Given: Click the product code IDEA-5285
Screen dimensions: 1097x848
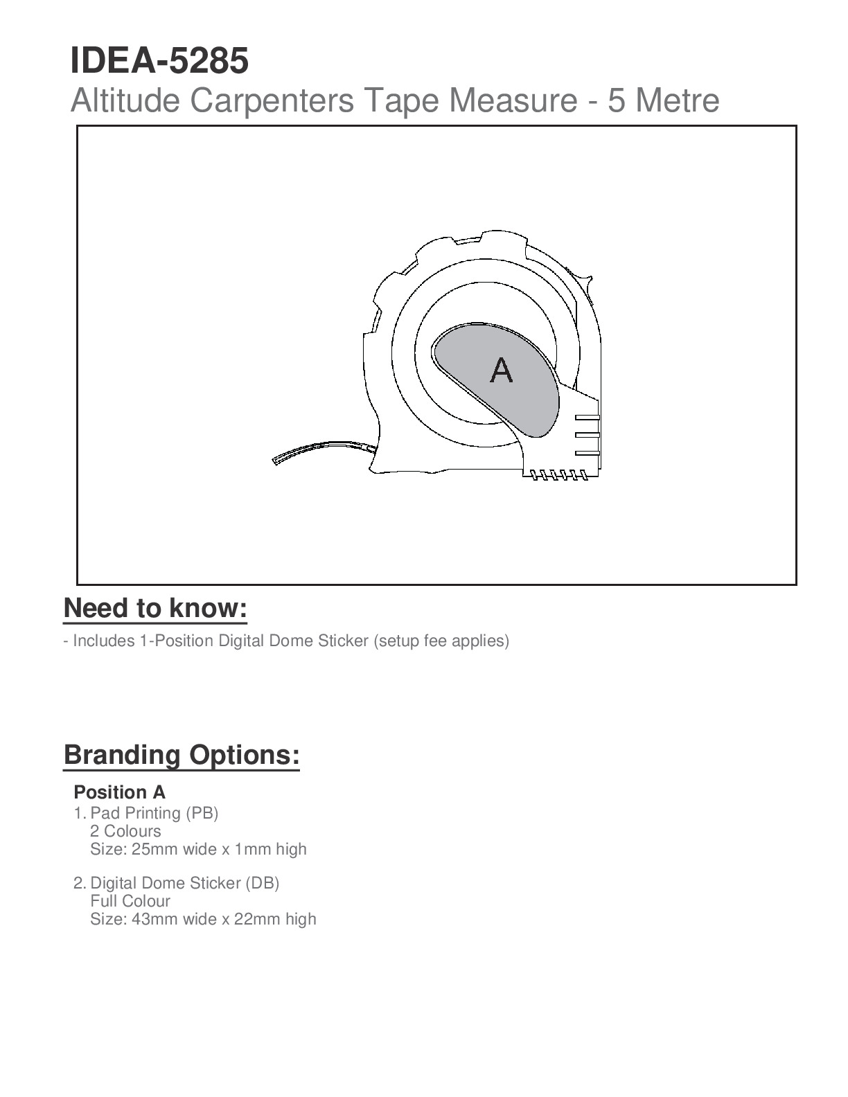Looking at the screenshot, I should point(159,61).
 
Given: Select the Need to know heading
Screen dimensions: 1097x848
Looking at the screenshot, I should point(155,608).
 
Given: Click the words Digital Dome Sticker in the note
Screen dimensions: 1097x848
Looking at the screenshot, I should point(293,641).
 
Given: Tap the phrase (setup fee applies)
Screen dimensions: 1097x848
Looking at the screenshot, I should point(441,641).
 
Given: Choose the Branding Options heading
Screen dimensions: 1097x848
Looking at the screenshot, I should point(182,755).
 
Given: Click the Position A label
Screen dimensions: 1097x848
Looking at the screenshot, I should point(119,792).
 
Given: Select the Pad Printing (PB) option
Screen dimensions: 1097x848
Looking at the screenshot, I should point(154,812).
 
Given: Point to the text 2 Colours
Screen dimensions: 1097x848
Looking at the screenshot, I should point(125,831).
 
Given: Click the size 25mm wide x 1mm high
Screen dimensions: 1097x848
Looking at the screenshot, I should point(198,849).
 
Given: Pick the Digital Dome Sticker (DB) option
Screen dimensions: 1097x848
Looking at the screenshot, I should point(184,883).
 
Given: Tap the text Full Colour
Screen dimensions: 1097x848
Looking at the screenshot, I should point(130,901).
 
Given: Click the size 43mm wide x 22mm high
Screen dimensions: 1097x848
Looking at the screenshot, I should point(203,919).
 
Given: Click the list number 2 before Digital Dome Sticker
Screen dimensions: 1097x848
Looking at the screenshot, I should point(79,883).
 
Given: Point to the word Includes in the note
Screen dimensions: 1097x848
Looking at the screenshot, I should point(104,641).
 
